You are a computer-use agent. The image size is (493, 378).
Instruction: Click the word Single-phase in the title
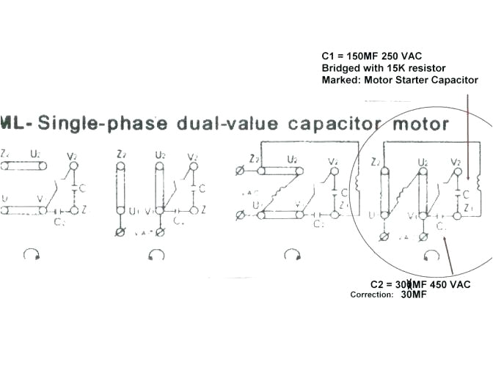point(103,123)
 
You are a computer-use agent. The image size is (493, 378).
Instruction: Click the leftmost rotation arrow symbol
point(32,254)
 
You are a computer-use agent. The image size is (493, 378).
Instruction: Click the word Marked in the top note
point(339,80)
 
